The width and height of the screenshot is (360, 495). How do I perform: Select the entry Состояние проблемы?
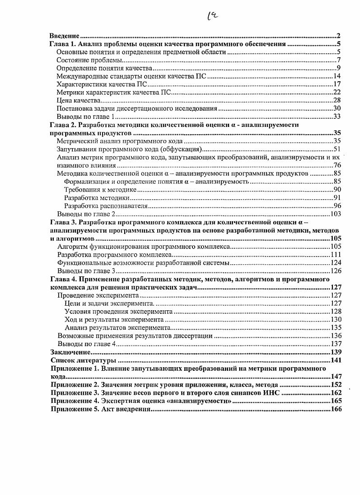coord(89,60)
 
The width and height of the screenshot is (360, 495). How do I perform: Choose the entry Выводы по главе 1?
coord(85,117)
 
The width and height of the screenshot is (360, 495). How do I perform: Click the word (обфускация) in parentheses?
coord(182,149)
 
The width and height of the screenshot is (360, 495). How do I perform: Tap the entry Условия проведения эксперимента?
coord(119,312)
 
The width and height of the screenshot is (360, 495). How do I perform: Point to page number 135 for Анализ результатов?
coord(335,328)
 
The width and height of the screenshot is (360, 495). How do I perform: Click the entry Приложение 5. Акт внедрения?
coord(100,409)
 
